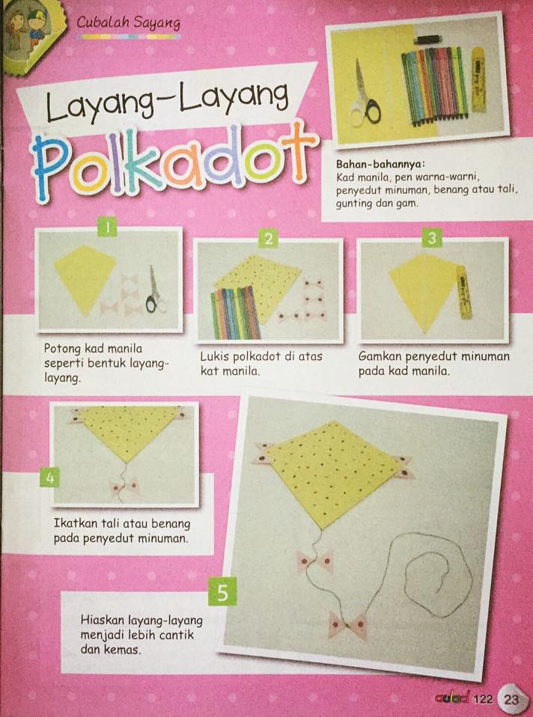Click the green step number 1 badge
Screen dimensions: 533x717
tap(107, 227)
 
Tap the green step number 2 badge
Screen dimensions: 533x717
tap(268, 238)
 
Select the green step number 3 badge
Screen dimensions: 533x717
tap(432, 238)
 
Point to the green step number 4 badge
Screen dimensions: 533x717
tap(50, 478)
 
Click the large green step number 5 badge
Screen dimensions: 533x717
tap(223, 592)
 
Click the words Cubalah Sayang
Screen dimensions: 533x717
tap(129, 23)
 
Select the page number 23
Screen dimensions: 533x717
tap(511, 700)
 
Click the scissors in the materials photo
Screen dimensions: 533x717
tap(365, 97)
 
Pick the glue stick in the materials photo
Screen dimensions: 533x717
tap(479, 78)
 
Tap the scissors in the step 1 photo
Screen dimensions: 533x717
tap(155, 290)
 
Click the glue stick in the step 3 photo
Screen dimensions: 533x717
tap(463, 293)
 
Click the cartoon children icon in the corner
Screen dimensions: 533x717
tap(28, 31)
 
